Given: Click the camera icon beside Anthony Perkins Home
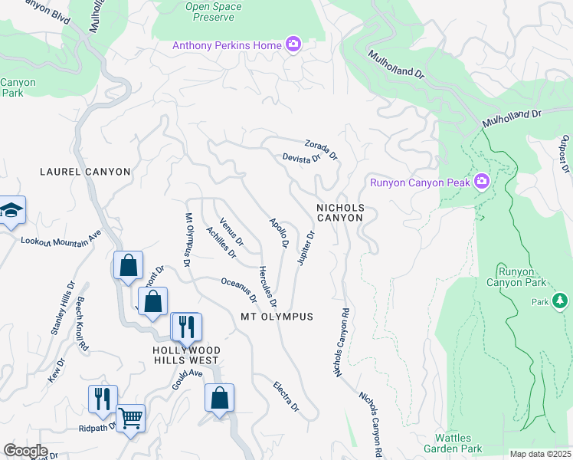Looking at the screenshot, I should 293,45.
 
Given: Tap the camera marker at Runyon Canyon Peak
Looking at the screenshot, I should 482,182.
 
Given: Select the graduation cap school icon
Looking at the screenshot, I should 11,210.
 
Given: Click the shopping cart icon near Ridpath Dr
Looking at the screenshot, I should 131,419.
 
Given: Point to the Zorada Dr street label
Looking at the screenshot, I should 321,149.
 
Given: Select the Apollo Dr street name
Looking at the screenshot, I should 278,234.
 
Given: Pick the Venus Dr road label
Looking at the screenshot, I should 231,233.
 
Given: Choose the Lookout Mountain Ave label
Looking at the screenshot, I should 61,239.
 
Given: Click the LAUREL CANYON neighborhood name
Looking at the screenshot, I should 85,172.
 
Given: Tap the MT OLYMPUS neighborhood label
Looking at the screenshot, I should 277,317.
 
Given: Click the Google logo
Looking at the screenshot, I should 25,451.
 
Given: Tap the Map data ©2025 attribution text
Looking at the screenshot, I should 540,454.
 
